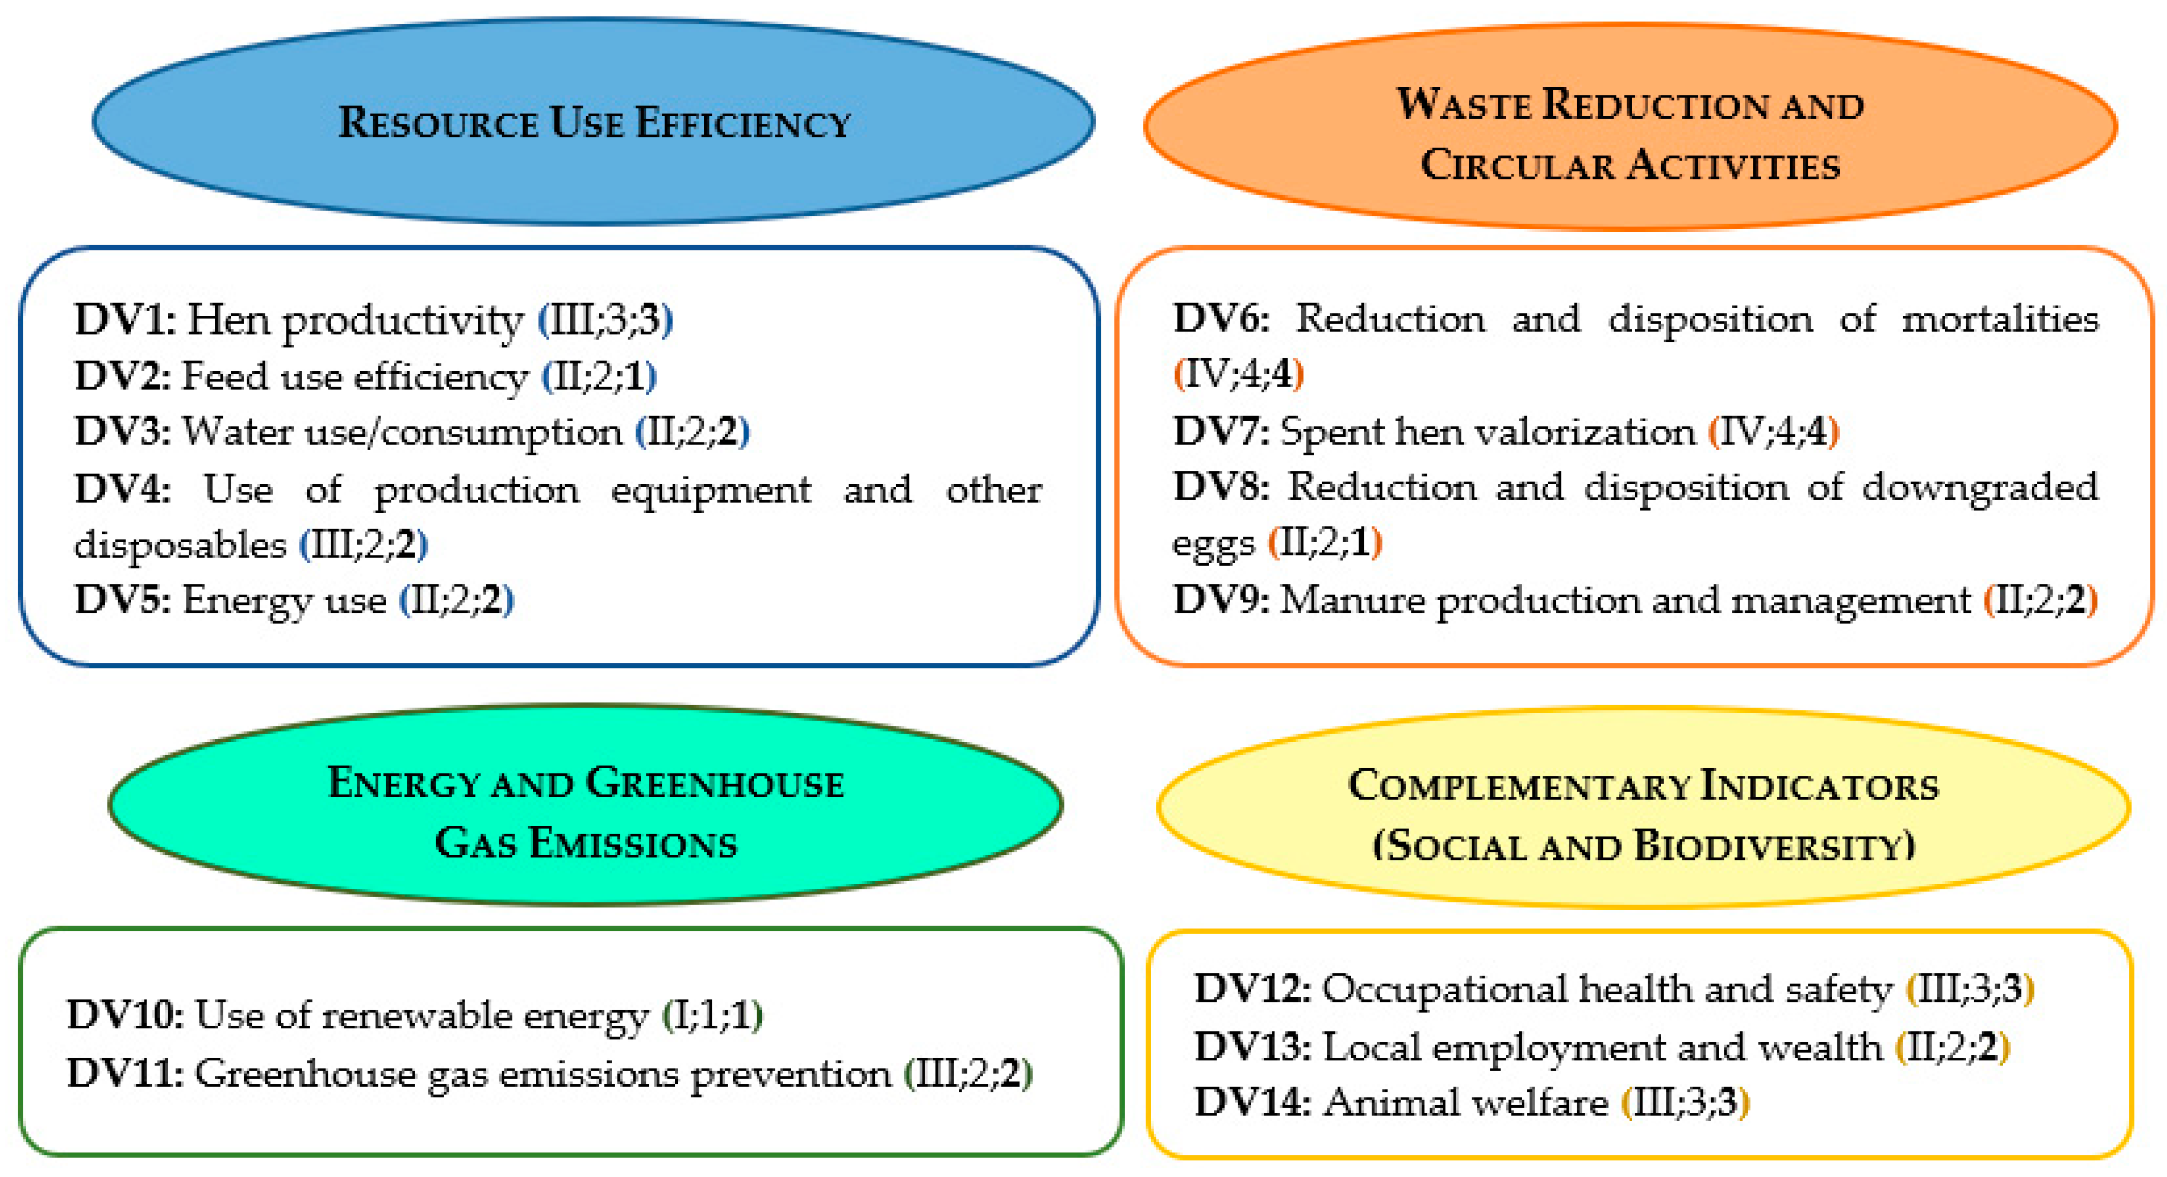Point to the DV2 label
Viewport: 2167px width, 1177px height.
pos(123,376)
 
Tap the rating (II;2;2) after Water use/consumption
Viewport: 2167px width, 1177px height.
pos(692,432)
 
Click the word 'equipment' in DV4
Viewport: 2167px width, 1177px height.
pos(711,489)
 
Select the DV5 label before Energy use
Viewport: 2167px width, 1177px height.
pos(123,600)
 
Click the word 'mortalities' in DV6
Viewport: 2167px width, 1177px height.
pos(2000,320)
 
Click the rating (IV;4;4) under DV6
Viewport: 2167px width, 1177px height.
pos(1238,374)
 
